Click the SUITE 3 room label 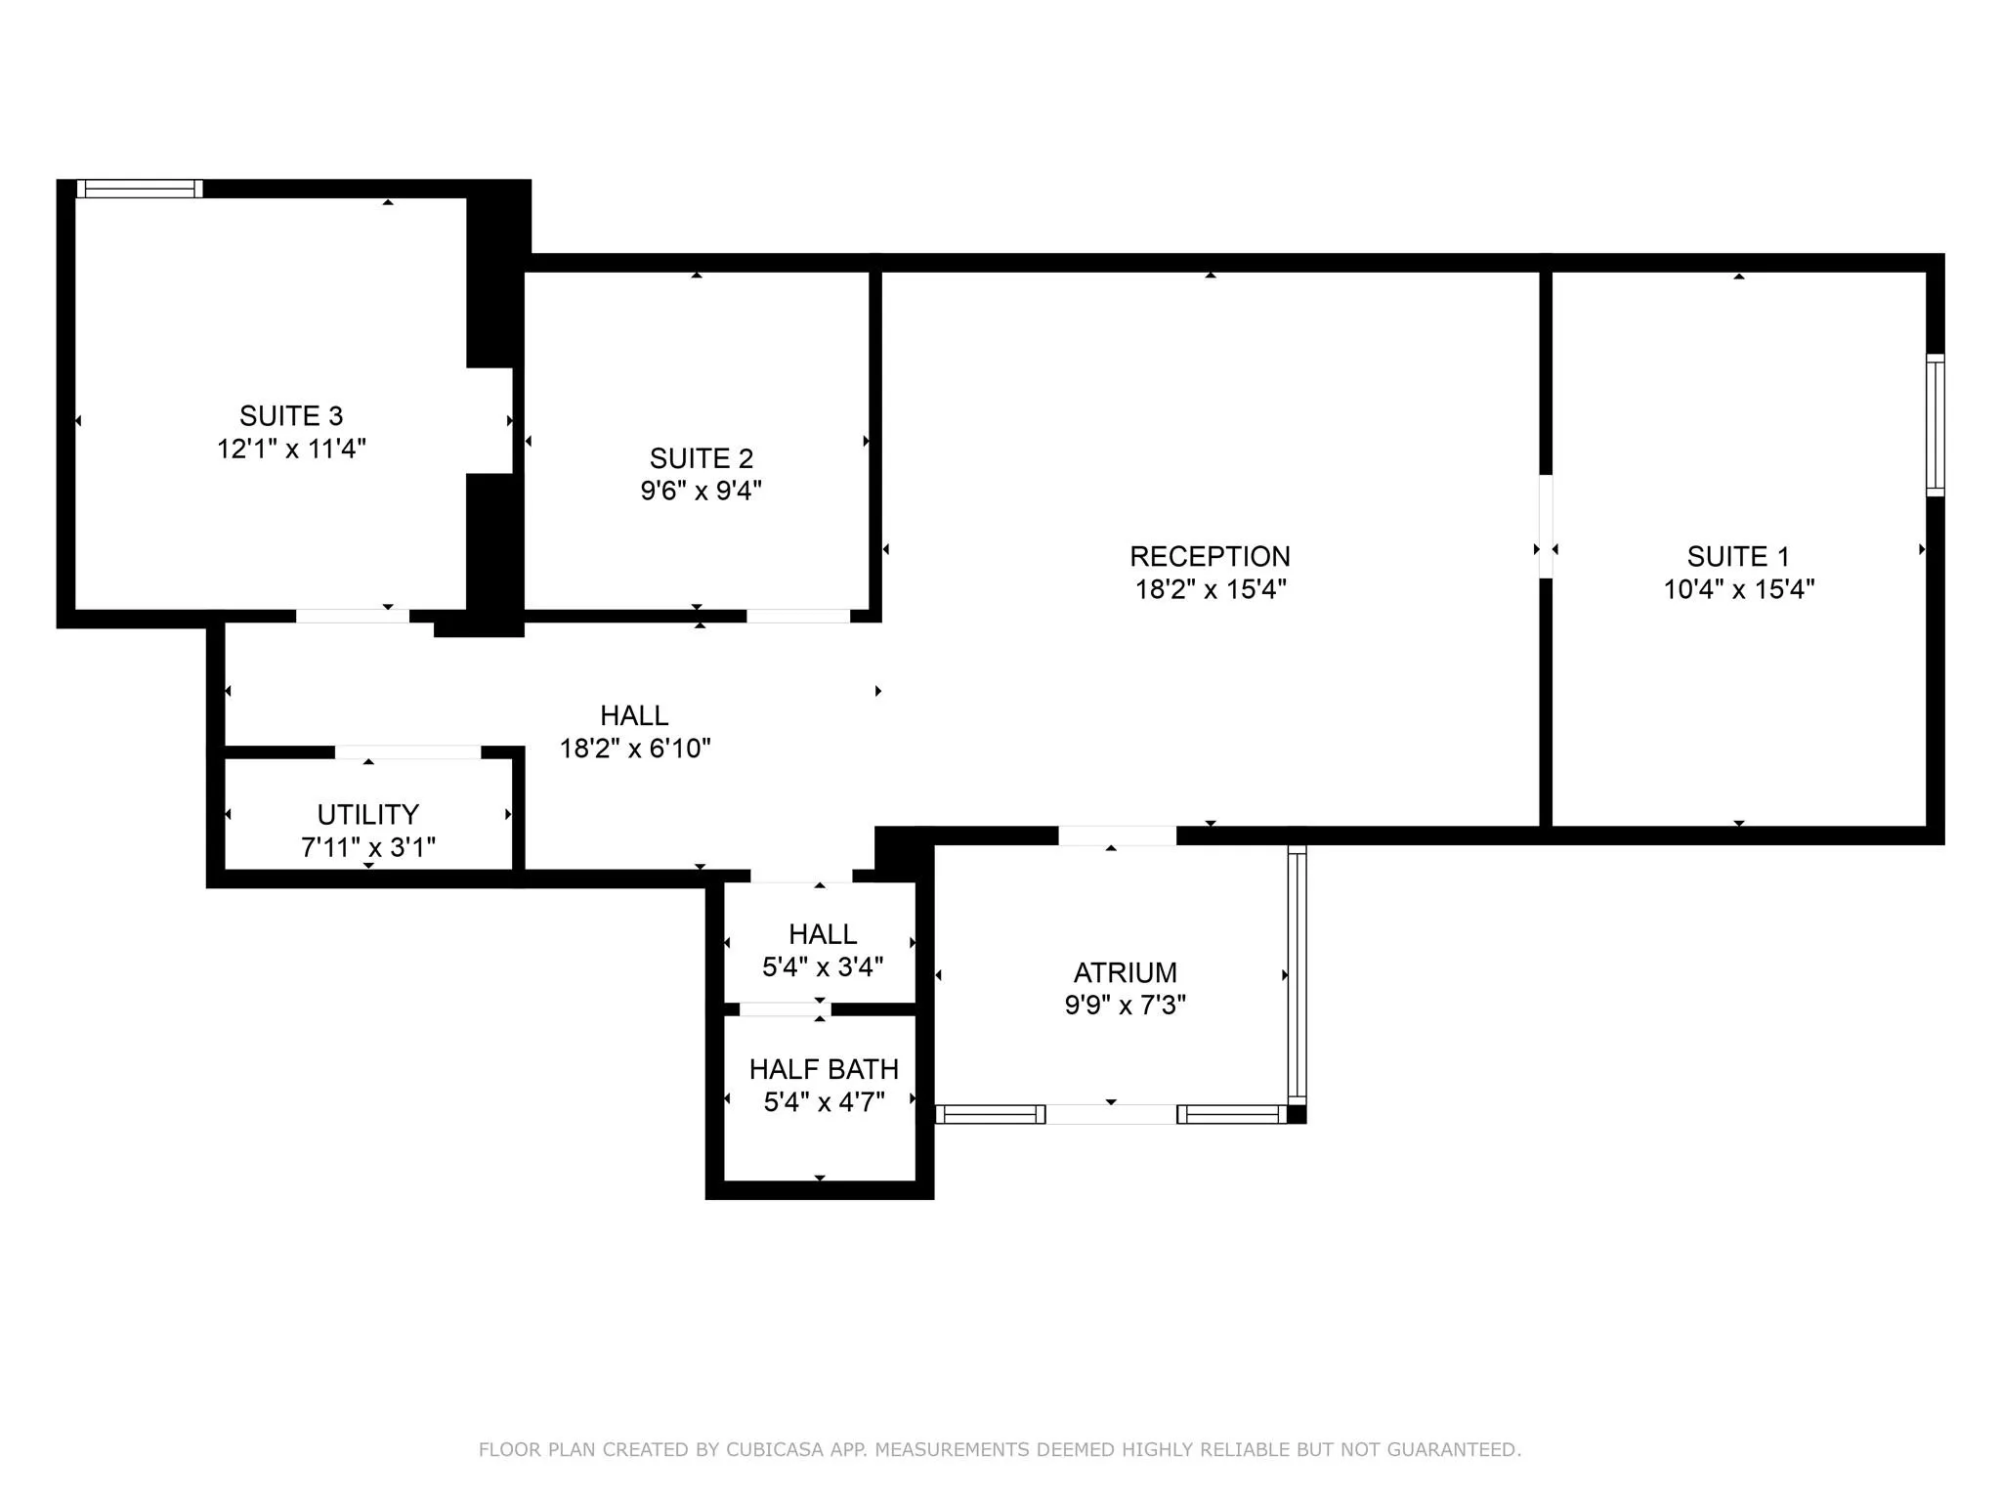pyautogui.click(x=291, y=416)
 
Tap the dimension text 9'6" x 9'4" pyautogui.click(x=701, y=491)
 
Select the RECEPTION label pyautogui.click(x=1210, y=556)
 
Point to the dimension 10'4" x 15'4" pyautogui.click(x=1738, y=589)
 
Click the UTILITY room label pyautogui.click(x=367, y=814)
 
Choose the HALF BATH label pyautogui.click(x=824, y=1069)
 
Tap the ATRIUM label pyautogui.click(x=1125, y=972)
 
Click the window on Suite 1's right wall pyautogui.click(x=1935, y=425)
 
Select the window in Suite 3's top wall pyautogui.click(x=140, y=189)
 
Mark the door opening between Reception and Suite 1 pyautogui.click(x=1546, y=527)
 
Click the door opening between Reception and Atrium pyautogui.click(x=1117, y=836)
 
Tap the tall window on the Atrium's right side pyautogui.click(x=1297, y=974)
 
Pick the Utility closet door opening pyautogui.click(x=407, y=751)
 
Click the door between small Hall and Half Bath pyautogui.click(x=785, y=1008)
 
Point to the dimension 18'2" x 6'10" pyautogui.click(x=634, y=749)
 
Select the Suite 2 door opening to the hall pyautogui.click(x=798, y=616)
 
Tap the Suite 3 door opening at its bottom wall pyautogui.click(x=352, y=616)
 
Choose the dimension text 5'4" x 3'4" pyautogui.click(x=823, y=966)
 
